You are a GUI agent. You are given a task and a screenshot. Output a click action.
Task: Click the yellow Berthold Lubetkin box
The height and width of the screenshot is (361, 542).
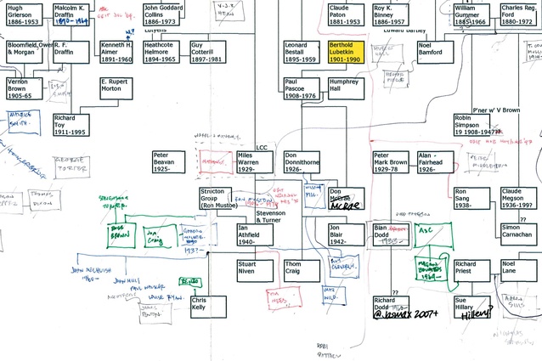(346, 51)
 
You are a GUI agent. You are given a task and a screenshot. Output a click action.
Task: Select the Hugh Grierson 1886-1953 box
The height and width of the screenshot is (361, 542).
(23, 14)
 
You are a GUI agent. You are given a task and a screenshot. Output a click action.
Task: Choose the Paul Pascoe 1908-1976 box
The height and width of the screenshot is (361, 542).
(302, 88)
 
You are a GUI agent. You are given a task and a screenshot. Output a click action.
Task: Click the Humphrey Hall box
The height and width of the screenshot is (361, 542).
(346, 88)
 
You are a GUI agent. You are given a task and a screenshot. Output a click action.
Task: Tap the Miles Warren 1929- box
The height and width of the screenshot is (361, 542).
(256, 161)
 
